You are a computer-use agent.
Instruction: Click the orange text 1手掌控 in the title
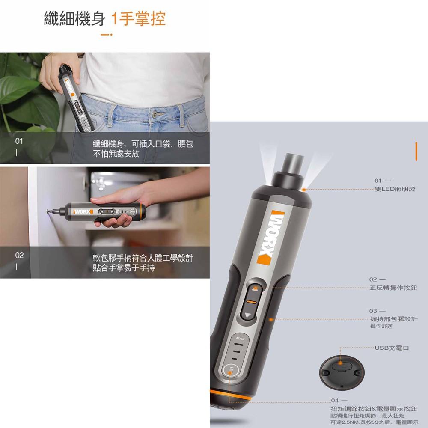point(138,19)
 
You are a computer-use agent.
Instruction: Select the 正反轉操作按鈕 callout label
point(393,288)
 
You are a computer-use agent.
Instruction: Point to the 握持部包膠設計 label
point(394,319)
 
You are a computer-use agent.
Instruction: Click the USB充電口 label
point(392,348)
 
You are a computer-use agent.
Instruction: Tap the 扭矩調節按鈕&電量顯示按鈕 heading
point(374,409)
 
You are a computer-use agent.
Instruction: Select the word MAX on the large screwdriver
point(240,339)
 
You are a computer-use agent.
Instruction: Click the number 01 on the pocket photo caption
point(19,141)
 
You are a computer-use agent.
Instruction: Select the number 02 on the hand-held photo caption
point(19,256)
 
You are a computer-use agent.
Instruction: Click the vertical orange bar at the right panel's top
point(416,152)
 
